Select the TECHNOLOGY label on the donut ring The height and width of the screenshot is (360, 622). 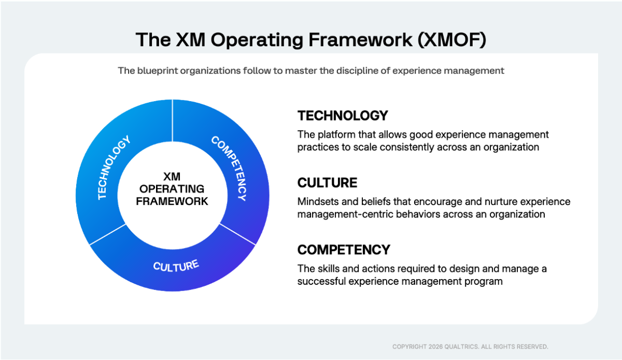point(114,168)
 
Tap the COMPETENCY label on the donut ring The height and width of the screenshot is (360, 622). point(230,168)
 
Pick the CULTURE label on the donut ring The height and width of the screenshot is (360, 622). point(176,266)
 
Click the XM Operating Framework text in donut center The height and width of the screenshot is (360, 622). point(172,189)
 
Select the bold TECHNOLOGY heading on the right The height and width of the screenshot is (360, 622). point(343,115)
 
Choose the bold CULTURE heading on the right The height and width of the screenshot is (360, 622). point(327,183)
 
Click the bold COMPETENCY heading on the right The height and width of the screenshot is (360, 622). point(344,250)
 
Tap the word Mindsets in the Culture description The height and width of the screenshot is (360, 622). point(317,201)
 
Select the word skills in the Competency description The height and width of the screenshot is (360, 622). point(327,269)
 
